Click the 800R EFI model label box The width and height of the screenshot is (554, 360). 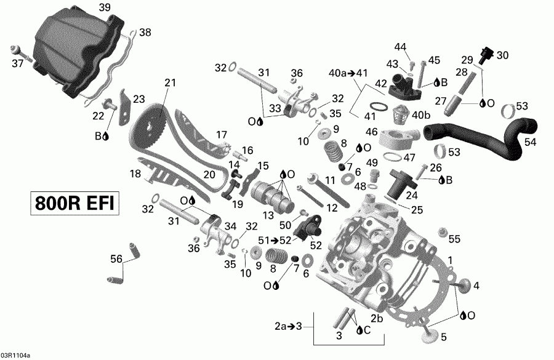click(x=73, y=204)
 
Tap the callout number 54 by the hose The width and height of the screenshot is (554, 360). click(x=530, y=142)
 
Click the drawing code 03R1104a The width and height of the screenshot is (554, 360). click(x=15, y=355)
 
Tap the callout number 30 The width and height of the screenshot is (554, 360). click(x=503, y=55)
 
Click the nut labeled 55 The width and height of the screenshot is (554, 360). click(x=441, y=233)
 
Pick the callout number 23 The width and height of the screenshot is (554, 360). click(x=139, y=98)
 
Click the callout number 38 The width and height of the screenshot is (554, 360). click(x=144, y=32)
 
